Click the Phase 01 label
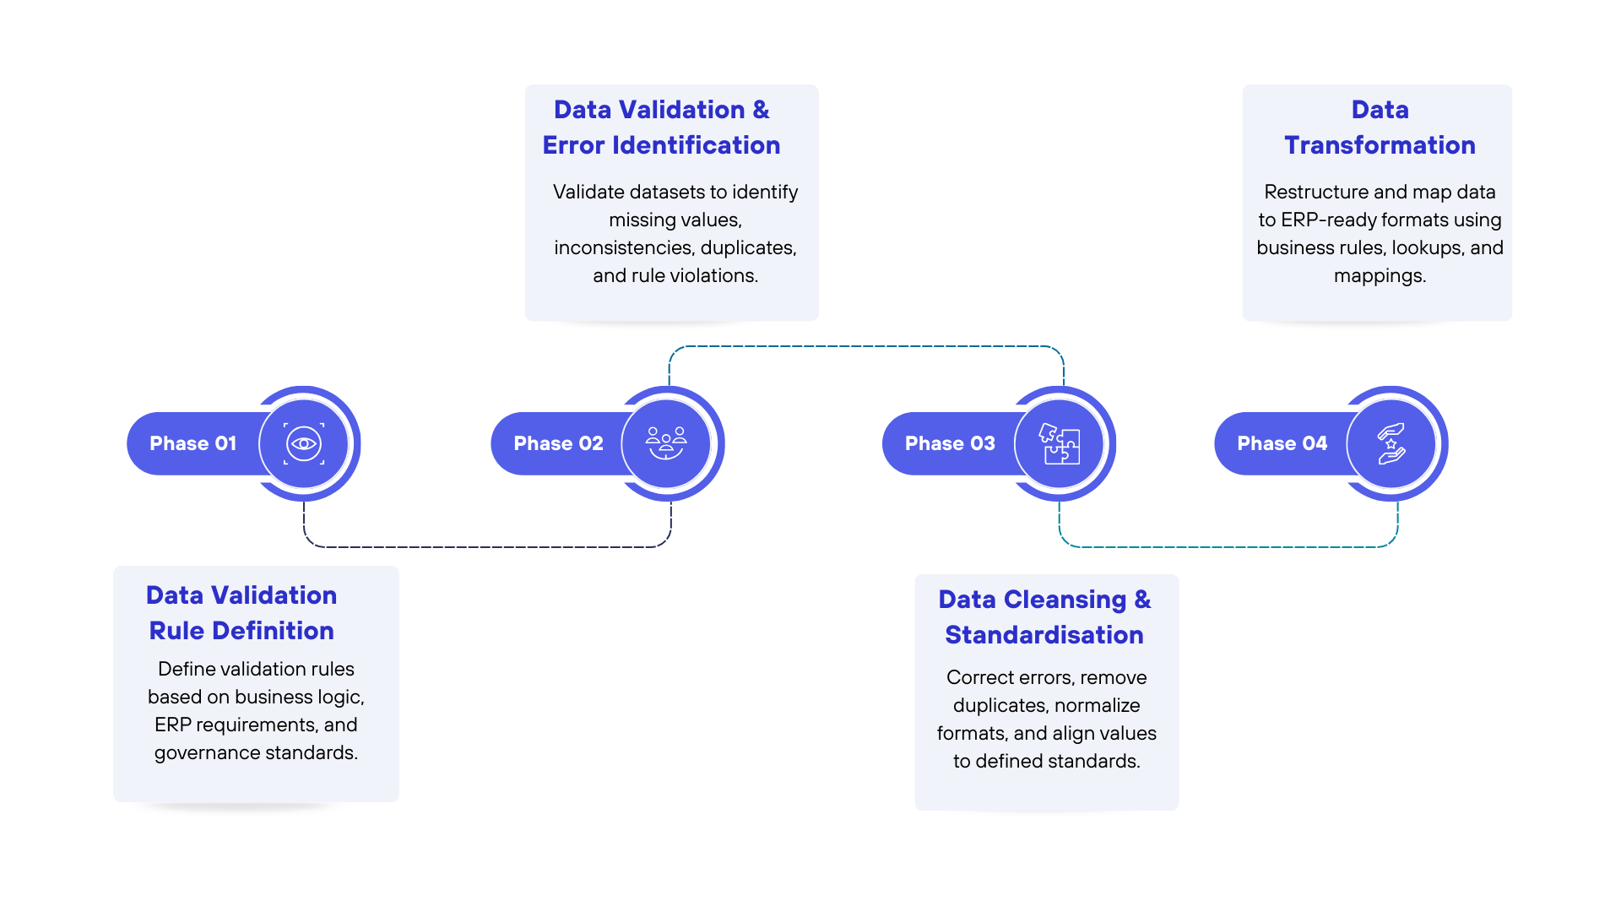pos(192,443)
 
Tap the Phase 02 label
pos(558,443)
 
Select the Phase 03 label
pos(950,443)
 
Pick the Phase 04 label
pos(1282,443)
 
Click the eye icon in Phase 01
pos(304,443)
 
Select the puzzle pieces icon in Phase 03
pos(1059,443)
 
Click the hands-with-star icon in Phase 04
pos(1391,443)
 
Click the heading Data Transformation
pos(1380,128)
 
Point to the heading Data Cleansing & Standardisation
pos(1044,617)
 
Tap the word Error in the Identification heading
pos(573,145)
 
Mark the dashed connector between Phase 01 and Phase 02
pos(487,547)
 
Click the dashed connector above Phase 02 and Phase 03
pos(866,346)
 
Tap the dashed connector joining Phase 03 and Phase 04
pos(1228,547)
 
